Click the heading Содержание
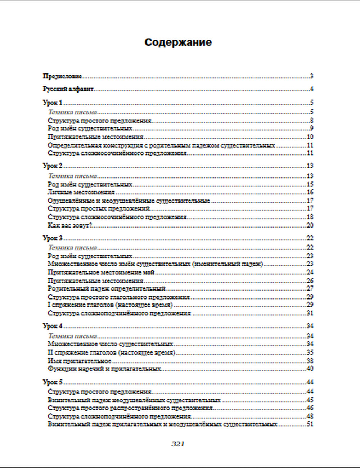tap(178, 42)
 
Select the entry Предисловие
tap(62, 76)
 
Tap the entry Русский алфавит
tap(68, 89)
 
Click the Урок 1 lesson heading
tap(53, 103)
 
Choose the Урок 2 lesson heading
tap(53, 166)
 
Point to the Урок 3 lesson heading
tap(53, 238)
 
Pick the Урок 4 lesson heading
tap(53, 326)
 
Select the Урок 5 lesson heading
tap(53, 382)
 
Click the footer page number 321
tap(178, 444)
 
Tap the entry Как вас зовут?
tap(70, 225)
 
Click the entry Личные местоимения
tap(81, 193)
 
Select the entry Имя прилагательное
tap(79, 361)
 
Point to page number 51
tap(310, 424)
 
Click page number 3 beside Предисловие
tap(311, 76)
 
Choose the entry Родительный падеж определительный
tap(107, 289)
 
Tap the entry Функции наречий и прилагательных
tap(104, 369)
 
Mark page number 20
tap(310, 225)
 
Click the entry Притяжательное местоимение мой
tap(101, 273)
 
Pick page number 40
tap(310, 369)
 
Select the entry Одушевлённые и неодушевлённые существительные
tap(129, 201)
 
